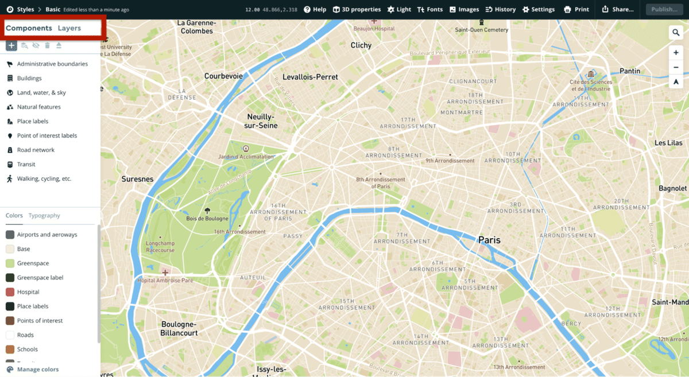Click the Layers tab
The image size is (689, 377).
click(69, 28)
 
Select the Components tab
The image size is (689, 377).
click(29, 28)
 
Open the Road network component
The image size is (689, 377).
click(36, 150)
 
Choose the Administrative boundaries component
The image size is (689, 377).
click(52, 64)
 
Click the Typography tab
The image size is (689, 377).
click(44, 216)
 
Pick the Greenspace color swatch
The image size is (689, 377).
click(10, 263)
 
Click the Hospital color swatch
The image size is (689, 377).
click(10, 292)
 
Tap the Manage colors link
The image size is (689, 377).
click(37, 370)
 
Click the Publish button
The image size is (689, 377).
click(664, 9)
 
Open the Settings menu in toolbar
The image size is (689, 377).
click(539, 9)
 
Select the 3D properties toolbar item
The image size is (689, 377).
click(357, 9)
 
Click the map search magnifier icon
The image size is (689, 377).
click(676, 33)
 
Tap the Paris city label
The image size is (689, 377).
click(489, 240)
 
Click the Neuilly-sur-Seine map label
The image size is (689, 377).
click(261, 121)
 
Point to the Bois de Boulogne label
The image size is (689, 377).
click(207, 218)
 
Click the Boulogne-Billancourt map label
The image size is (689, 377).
click(179, 328)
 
